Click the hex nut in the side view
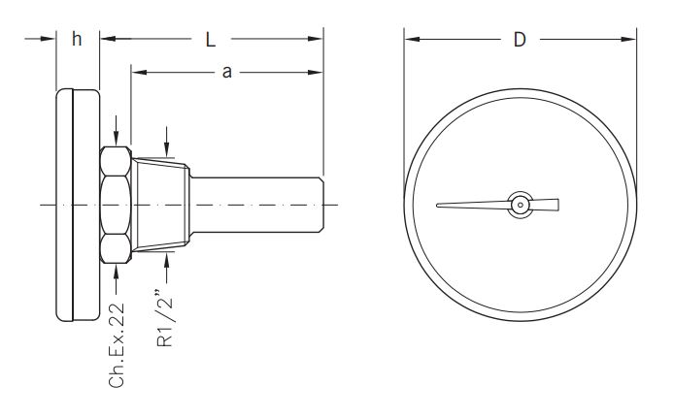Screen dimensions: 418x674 pos(115,205)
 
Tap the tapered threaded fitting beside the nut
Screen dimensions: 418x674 pos(160,205)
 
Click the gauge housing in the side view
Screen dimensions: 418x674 pos(78,205)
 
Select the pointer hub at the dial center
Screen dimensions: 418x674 pos(521,205)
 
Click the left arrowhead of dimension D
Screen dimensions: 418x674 pos(409,39)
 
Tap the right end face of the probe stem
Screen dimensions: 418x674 pos(322,205)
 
